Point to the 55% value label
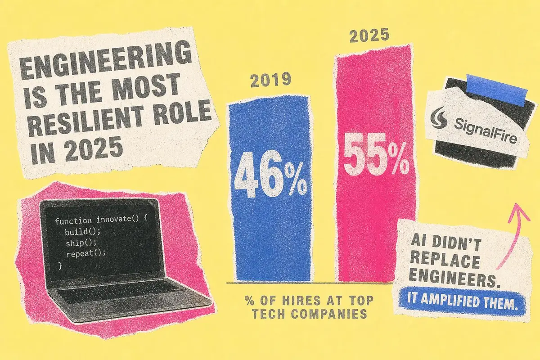[376, 154]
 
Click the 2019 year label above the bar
[270, 80]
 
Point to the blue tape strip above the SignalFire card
[497, 90]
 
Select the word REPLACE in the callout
[445, 261]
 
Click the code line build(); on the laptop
[82, 232]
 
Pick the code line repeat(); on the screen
[86, 254]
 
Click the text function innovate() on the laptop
[97, 220]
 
